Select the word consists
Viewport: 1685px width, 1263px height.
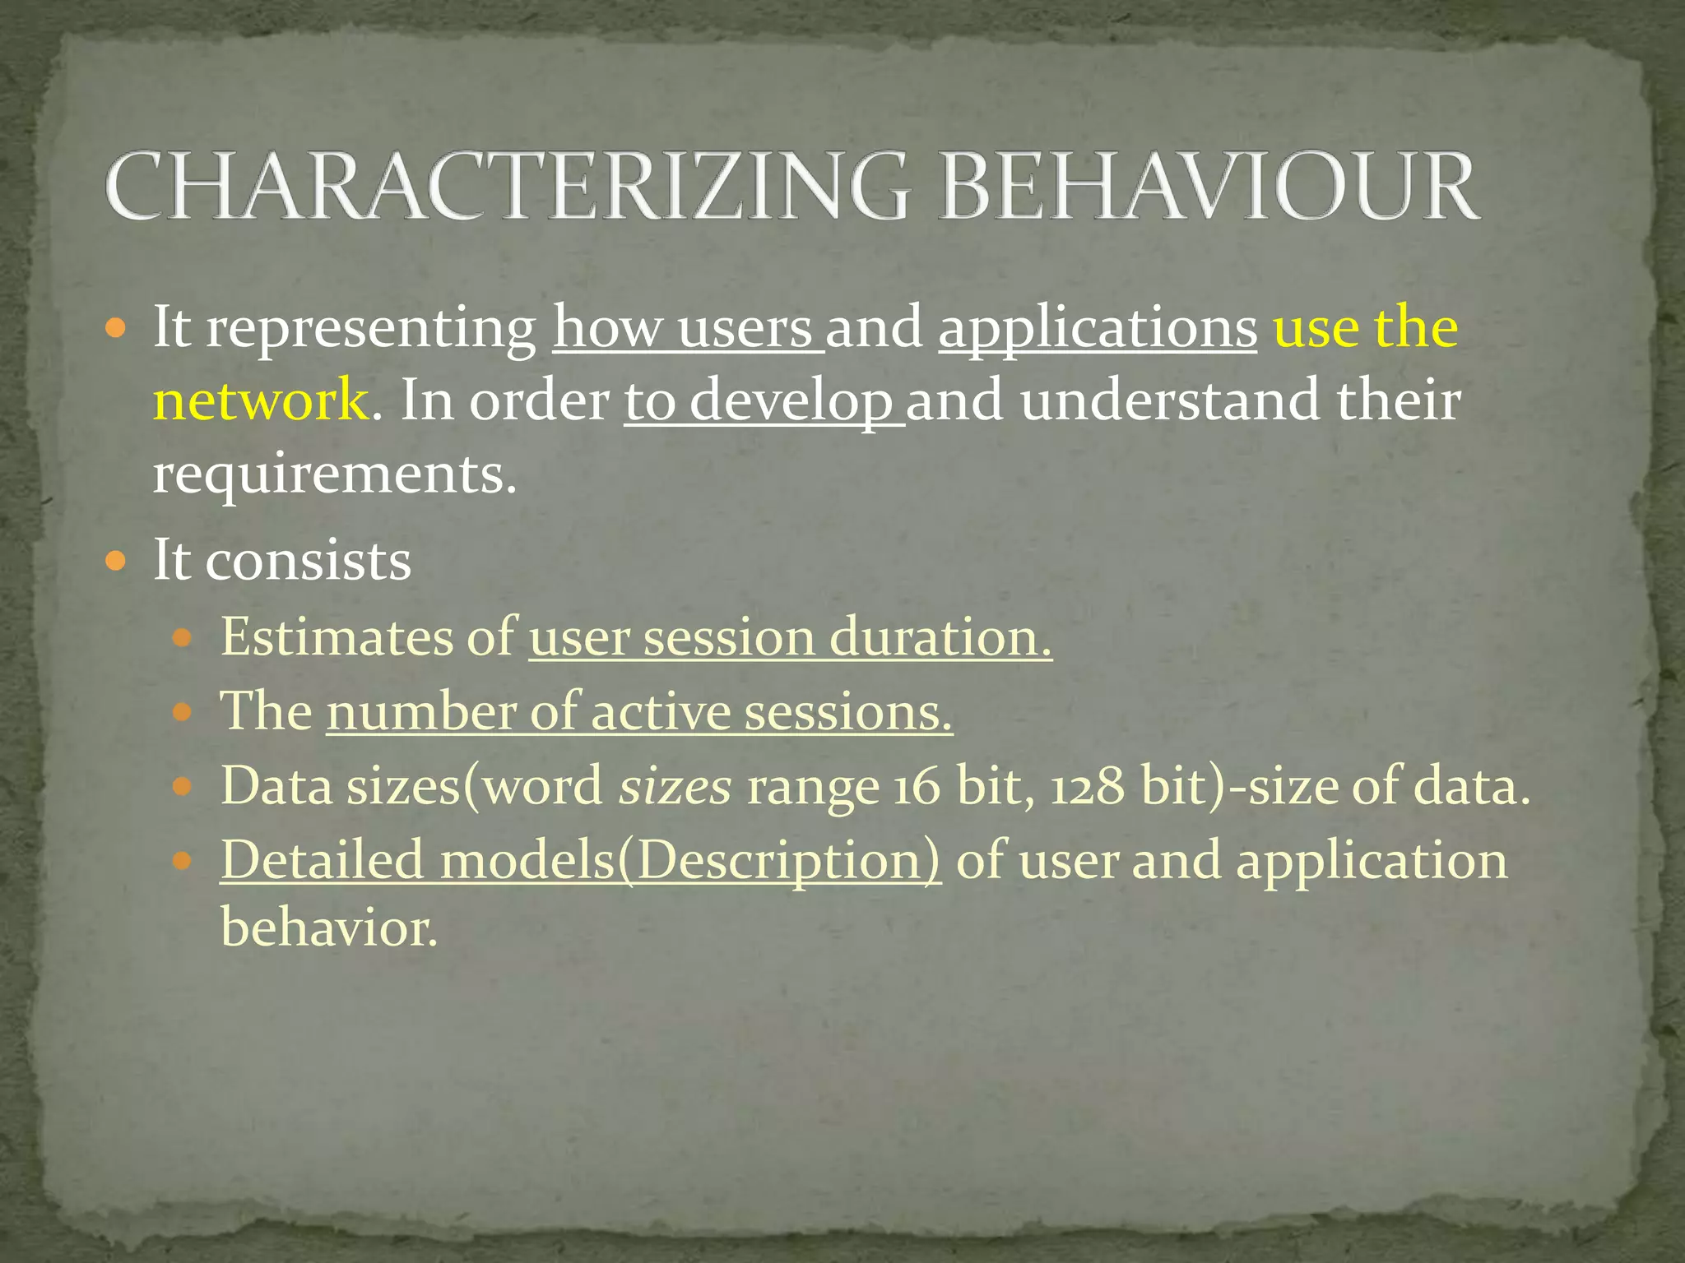tap(308, 561)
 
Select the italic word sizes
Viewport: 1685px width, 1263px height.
tap(675, 786)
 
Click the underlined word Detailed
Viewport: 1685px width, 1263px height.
tap(322, 860)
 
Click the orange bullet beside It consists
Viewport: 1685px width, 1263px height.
tap(116, 562)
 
